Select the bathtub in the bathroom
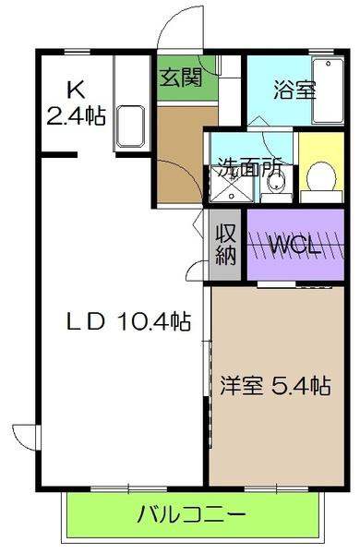tap(326, 91)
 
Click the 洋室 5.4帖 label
tap(275, 385)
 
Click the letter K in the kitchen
tap(75, 90)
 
